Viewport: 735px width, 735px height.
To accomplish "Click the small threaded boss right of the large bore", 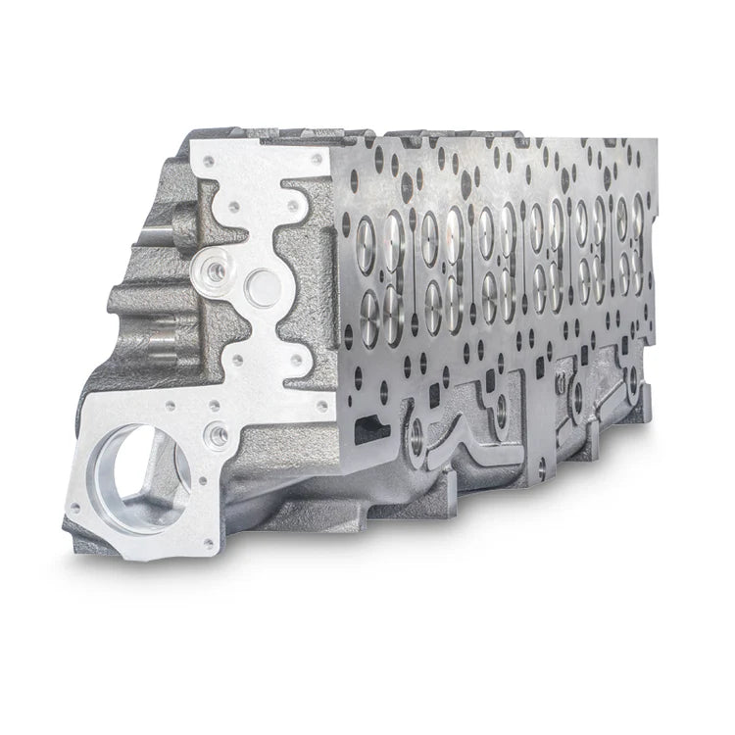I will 217,432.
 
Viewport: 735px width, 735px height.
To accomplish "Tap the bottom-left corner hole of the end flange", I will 74,508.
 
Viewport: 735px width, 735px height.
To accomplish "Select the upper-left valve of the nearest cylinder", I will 367,232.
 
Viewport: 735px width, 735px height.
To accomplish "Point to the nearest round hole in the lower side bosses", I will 417,438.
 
